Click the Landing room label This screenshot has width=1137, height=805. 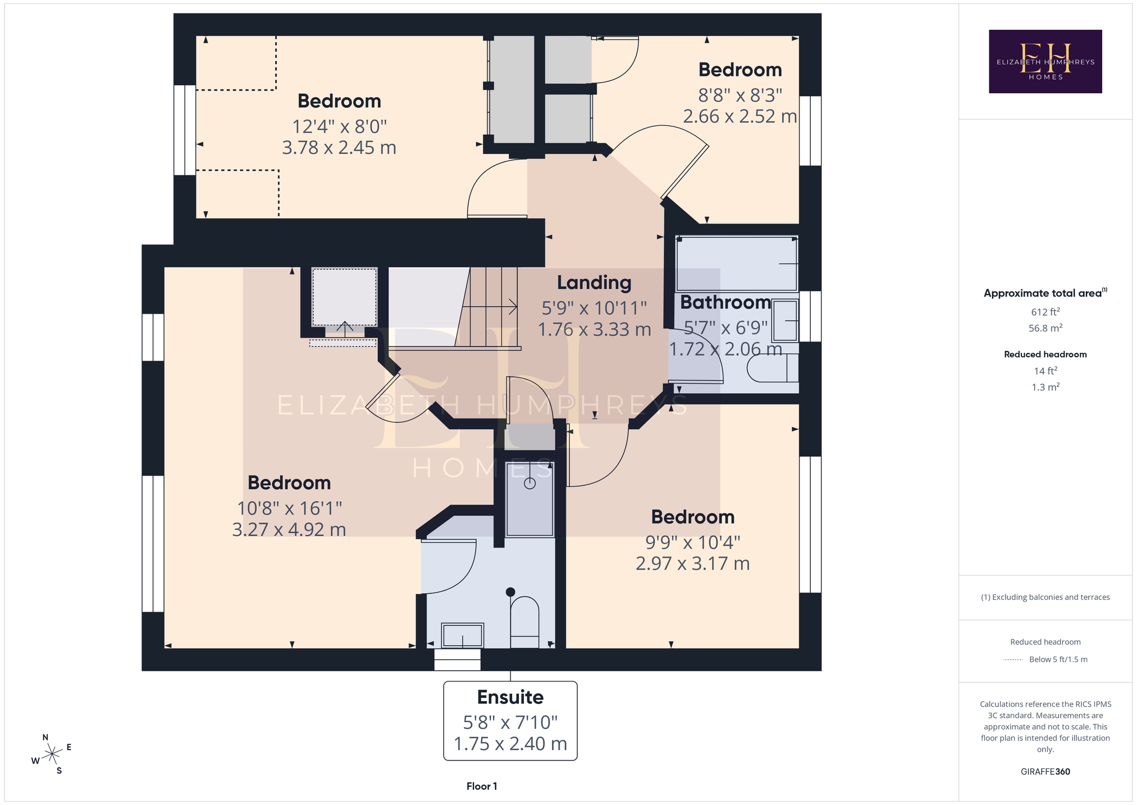click(594, 283)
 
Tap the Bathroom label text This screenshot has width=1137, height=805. click(725, 302)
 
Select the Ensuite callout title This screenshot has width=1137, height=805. click(510, 697)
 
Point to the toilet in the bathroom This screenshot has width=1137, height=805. click(773, 368)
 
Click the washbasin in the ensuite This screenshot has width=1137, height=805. click(462, 635)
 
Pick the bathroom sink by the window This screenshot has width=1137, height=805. click(785, 321)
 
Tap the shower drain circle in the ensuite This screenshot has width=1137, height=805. click(530, 483)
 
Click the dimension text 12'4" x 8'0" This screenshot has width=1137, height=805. click(339, 126)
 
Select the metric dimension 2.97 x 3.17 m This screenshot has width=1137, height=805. click(693, 563)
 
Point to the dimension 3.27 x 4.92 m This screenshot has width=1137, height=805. click(289, 529)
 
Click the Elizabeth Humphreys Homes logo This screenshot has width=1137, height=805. click(1045, 61)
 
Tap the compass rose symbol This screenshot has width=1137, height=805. click(52, 753)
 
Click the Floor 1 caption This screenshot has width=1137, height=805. click(482, 786)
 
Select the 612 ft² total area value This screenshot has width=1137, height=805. click(1045, 312)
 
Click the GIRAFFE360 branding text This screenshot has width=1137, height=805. click(1045, 771)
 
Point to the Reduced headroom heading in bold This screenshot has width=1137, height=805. click(1045, 354)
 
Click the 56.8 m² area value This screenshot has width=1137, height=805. click(1045, 328)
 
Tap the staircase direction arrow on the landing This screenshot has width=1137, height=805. click(489, 306)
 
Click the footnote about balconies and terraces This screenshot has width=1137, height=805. click(1045, 597)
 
